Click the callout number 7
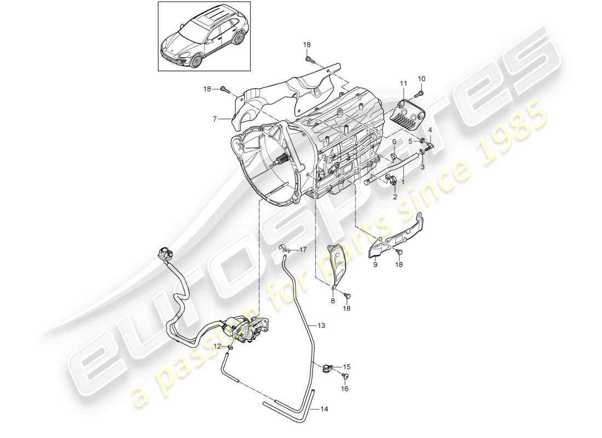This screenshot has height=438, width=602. (215, 118)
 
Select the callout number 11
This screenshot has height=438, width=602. (404, 83)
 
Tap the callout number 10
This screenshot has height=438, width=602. (421, 79)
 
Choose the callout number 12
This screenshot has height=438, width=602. (217, 346)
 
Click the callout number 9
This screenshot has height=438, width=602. (375, 264)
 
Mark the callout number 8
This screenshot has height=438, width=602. (332, 302)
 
